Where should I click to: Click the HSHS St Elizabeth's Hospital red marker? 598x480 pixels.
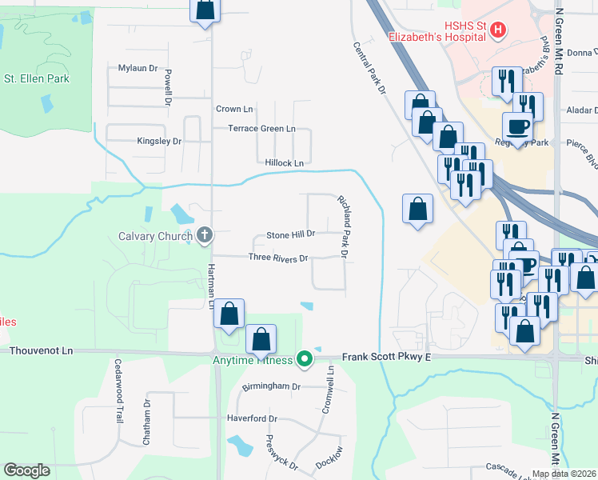click(498, 30)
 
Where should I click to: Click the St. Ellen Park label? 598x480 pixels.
click(37, 79)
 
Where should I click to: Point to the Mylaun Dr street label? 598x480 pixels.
click(139, 68)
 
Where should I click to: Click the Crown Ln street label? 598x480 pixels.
click(234, 109)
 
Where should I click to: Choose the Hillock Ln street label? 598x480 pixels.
click(285, 162)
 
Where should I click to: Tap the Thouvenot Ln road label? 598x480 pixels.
click(36, 350)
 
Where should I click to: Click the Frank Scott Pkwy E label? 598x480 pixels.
click(386, 357)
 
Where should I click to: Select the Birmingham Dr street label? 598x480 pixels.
click(273, 386)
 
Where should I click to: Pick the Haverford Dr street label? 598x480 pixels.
click(251, 418)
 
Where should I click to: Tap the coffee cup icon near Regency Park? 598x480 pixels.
click(517, 126)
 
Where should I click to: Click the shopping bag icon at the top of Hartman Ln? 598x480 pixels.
click(205, 9)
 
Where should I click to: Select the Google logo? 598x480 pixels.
click(26, 470)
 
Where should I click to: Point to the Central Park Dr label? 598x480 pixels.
click(370, 69)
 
